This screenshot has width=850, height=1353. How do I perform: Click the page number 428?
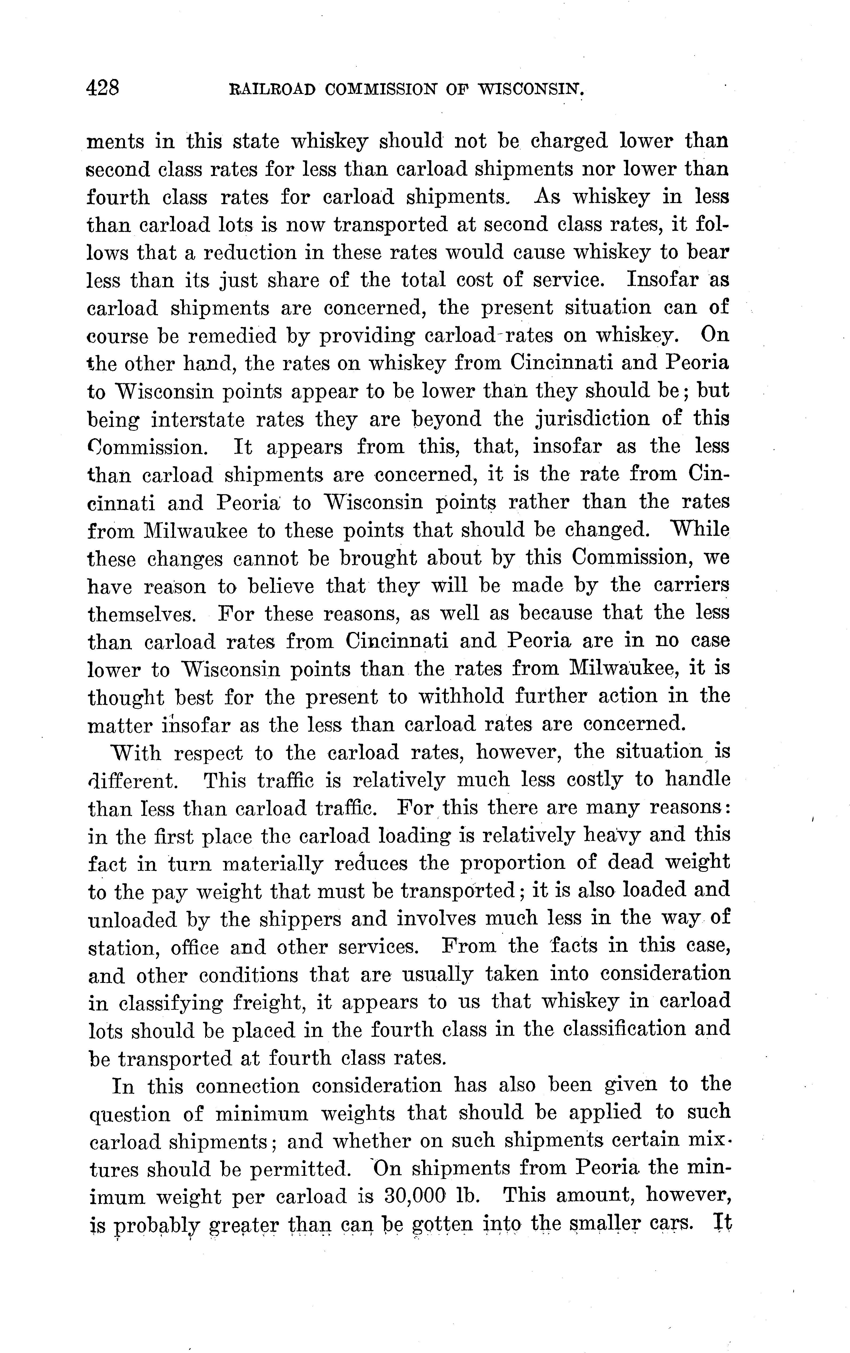[103, 88]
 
